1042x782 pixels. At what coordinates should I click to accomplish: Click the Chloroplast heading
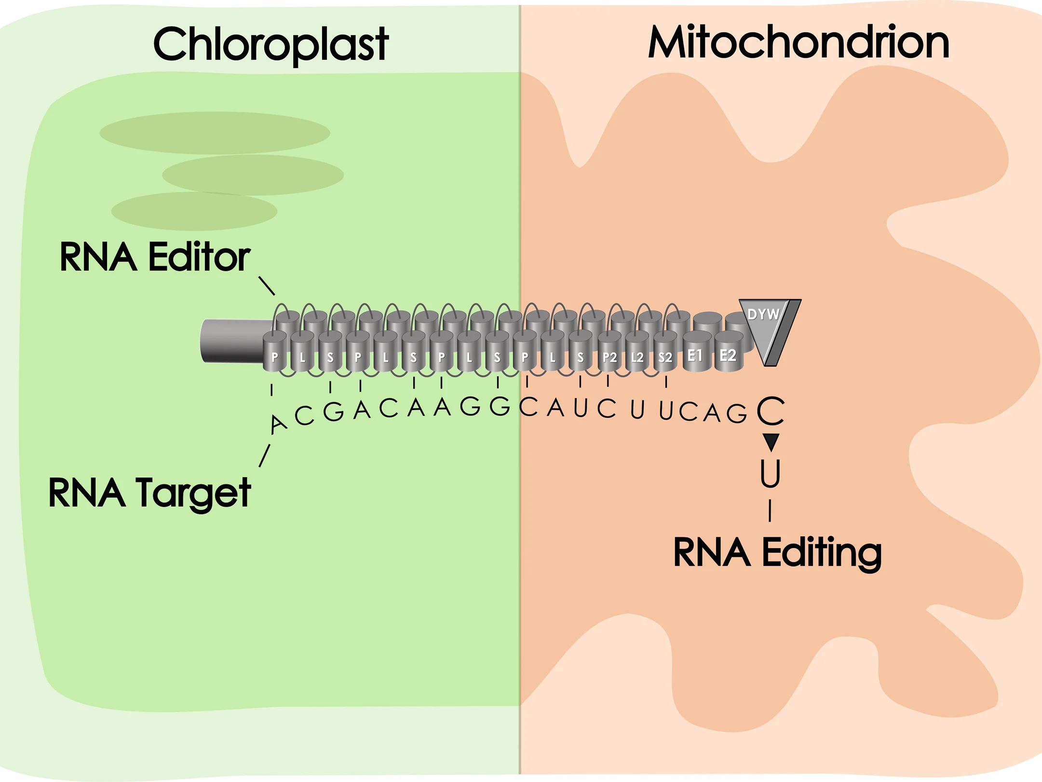coord(271,44)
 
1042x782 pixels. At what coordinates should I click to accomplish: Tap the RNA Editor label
coord(154,257)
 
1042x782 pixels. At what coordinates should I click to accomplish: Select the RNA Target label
coord(149,493)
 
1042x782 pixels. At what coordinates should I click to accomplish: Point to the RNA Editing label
coord(777,553)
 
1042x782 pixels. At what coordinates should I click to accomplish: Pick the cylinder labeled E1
coord(696,352)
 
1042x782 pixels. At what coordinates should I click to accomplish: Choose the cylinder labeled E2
coord(728,352)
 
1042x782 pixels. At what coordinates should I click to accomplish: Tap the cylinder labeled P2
coord(609,354)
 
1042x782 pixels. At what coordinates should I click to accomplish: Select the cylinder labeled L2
coord(637,354)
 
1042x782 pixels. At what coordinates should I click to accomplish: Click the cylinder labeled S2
coord(665,354)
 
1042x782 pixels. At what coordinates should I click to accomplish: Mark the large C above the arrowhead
coord(771,411)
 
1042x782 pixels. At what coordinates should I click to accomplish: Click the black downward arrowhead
coord(771,441)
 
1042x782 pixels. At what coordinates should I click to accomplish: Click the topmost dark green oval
coord(215,133)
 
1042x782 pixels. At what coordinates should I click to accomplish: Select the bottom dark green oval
coord(194,211)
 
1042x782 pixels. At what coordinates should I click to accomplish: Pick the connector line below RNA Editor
coord(267,286)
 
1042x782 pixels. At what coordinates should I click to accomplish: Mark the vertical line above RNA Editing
coord(770,510)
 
